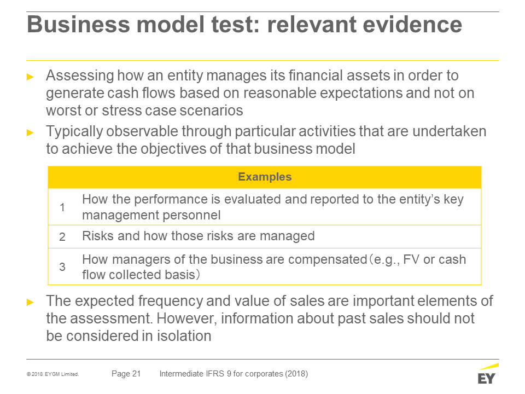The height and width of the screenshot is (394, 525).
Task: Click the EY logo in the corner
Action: (488, 374)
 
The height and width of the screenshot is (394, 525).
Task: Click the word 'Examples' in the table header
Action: (265, 177)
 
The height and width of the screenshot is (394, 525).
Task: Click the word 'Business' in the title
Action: (78, 25)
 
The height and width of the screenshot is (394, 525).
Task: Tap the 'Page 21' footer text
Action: (126, 374)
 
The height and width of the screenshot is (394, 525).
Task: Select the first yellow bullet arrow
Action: (31, 77)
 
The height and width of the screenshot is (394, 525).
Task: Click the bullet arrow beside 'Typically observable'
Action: (31, 132)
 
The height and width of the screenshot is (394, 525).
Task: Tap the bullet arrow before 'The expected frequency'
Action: (31, 303)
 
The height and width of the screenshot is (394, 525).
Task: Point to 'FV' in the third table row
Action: (411, 259)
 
